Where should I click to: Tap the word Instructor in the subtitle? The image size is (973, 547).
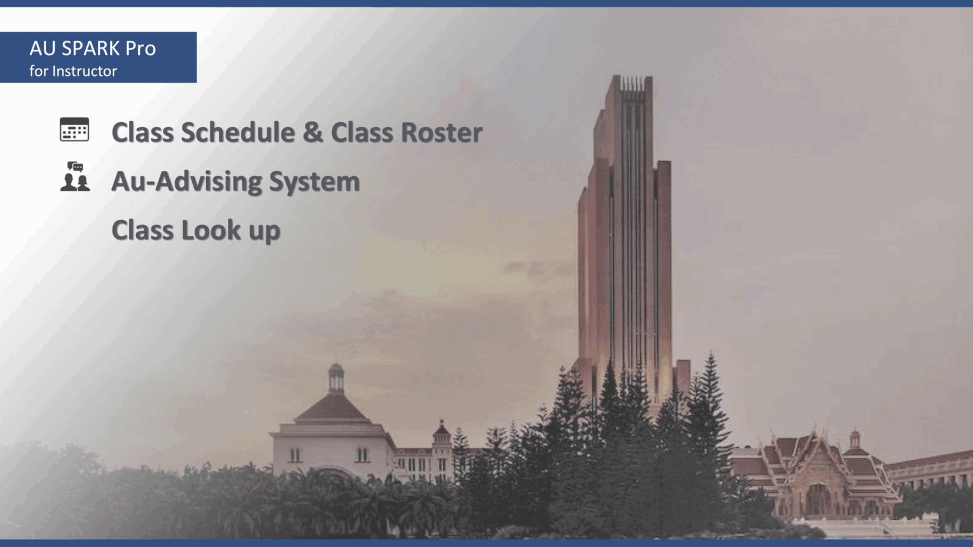85,71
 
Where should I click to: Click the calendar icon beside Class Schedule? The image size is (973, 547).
74,129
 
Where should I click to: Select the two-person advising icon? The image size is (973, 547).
75,177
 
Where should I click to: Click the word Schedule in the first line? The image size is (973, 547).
238,132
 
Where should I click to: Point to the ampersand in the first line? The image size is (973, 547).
313,132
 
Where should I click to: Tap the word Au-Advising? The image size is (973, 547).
186,182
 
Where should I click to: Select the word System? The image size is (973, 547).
314,182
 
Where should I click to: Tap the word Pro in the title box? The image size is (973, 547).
140,49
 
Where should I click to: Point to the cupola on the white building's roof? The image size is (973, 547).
336,377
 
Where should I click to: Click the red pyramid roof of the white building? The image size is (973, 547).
333,407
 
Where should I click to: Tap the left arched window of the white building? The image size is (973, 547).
295,454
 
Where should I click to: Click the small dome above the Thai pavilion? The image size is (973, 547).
855,439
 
